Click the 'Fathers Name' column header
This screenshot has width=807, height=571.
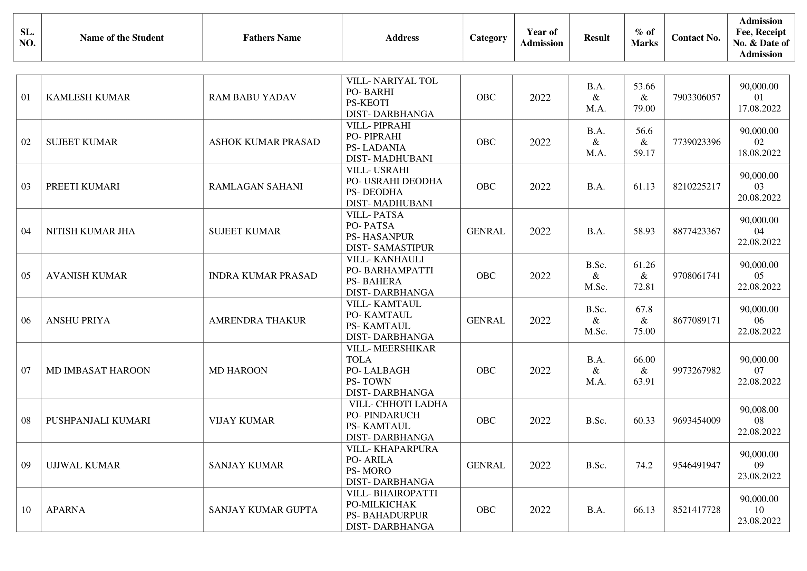[272, 38]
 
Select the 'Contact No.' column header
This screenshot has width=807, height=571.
[696, 38]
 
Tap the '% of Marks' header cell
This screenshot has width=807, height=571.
[644, 38]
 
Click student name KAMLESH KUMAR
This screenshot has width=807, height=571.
[88, 97]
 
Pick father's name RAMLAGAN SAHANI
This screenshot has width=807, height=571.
[255, 186]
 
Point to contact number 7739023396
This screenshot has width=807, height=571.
[697, 142]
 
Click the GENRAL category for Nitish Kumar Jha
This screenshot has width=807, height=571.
[486, 231]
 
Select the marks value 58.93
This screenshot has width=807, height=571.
[644, 231]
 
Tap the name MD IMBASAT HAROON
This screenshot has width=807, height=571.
[98, 370]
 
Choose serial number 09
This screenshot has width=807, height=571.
[26, 465]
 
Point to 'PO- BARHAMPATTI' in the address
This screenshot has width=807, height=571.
[389, 270]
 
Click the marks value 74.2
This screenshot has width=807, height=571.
[644, 465]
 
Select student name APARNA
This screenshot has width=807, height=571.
[66, 510]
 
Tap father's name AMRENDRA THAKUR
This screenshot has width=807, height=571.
[257, 320]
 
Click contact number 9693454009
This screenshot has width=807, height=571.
[697, 420]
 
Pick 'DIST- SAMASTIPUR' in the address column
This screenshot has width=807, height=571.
[390, 248]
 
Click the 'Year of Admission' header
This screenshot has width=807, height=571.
[541, 38]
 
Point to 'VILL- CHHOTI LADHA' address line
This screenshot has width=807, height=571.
[398, 404]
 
